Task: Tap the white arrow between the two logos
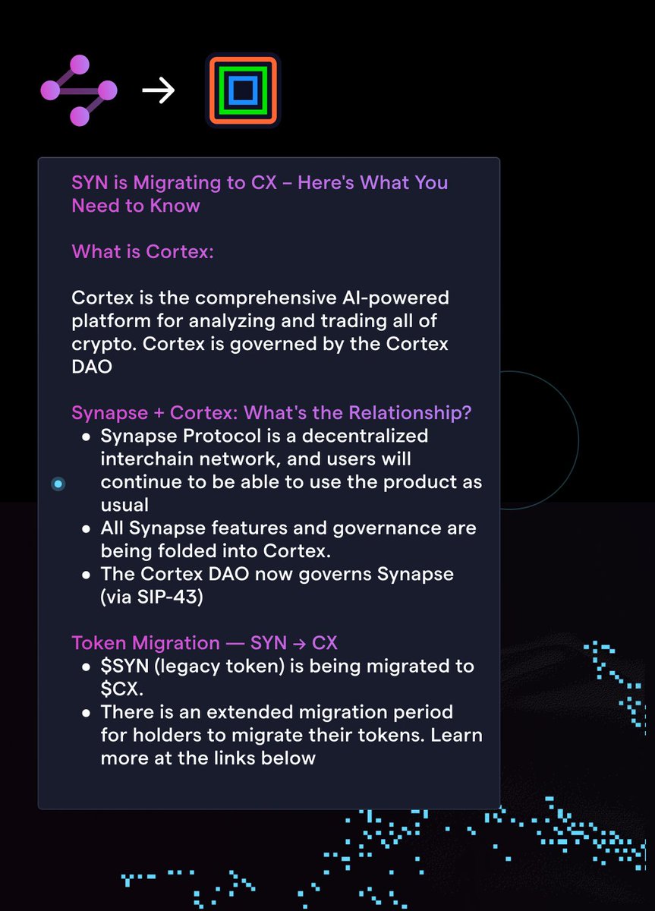(x=159, y=91)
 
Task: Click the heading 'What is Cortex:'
(x=143, y=251)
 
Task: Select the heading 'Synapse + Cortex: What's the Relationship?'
(x=272, y=413)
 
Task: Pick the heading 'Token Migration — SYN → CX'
(x=205, y=643)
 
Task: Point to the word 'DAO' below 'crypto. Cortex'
(x=92, y=366)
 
